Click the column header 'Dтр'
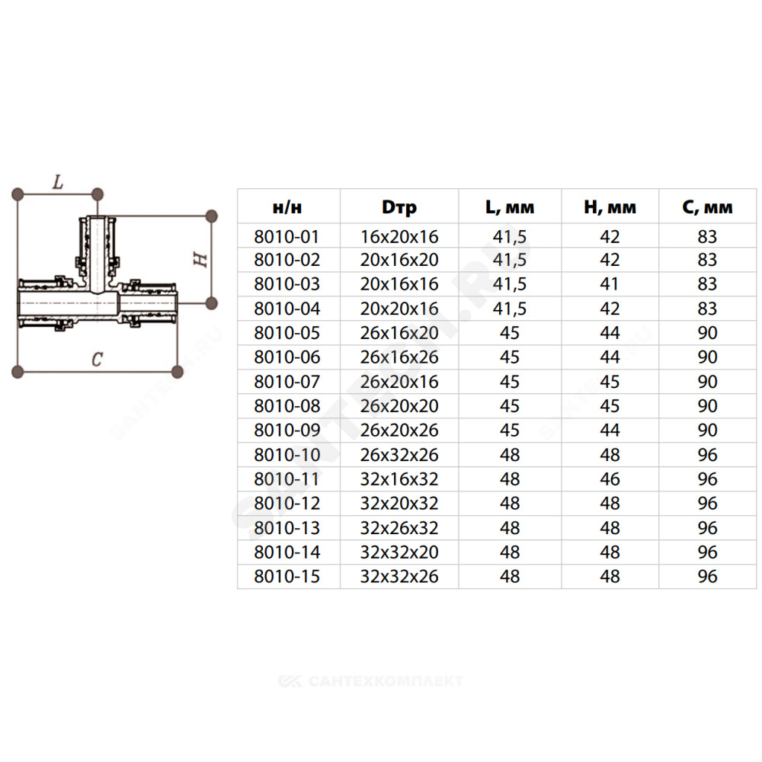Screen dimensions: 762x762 pyautogui.click(x=399, y=207)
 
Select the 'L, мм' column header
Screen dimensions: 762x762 pyautogui.click(x=510, y=207)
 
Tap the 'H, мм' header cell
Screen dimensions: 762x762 pyautogui.click(x=610, y=207)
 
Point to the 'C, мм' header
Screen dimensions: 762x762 pyautogui.click(x=707, y=207)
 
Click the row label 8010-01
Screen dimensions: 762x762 pyautogui.click(x=287, y=237)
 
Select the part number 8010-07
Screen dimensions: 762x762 pyautogui.click(x=287, y=382)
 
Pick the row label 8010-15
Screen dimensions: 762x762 pyautogui.click(x=287, y=576)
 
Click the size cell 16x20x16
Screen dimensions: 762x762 pyautogui.click(x=399, y=237)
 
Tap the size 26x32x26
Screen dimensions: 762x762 pyautogui.click(x=399, y=455)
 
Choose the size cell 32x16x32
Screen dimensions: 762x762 pyautogui.click(x=399, y=479)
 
